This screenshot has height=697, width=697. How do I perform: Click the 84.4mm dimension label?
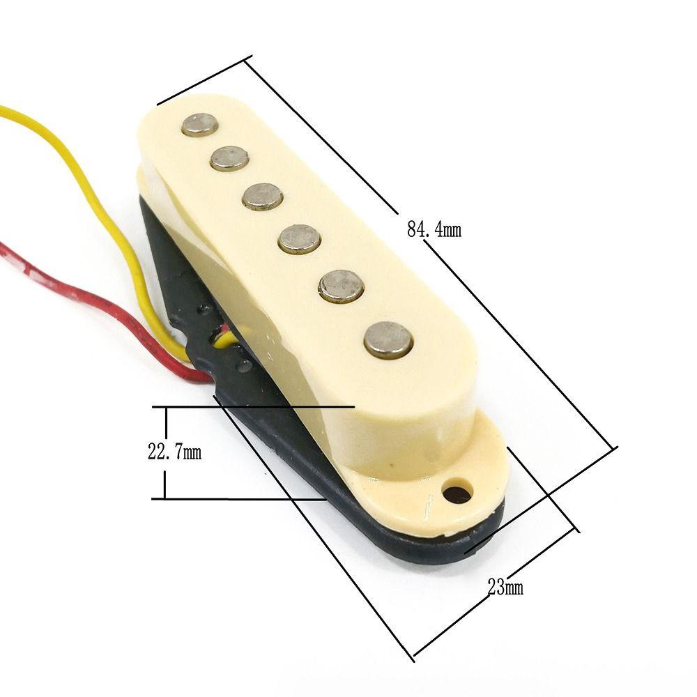click(434, 230)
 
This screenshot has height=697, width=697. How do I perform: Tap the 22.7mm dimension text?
click(175, 452)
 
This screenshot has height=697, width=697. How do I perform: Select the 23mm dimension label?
click(505, 587)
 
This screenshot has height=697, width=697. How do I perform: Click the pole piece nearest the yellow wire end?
click(200, 125)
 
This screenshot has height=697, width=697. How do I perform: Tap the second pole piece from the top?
click(229, 159)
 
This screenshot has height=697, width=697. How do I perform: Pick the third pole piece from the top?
click(263, 197)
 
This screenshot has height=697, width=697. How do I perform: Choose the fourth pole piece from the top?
click(300, 240)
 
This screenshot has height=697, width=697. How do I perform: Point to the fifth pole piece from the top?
click(342, 287)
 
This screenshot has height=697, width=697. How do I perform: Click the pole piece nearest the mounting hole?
click(388, 340)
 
